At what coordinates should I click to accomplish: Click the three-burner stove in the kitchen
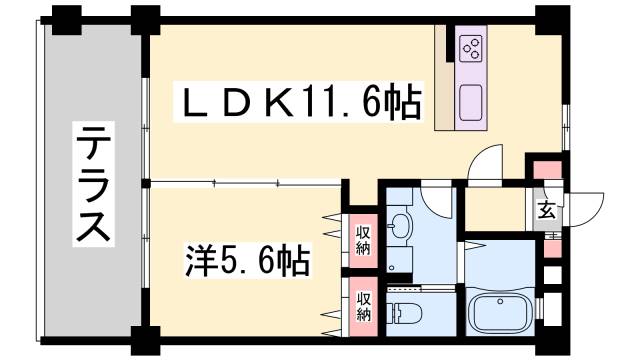(x=470, y=48)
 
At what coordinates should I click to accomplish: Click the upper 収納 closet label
(x=364, y=240)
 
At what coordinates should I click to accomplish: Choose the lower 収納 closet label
(x=364, y=305)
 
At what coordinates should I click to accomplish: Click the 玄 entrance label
(x=547, y=210)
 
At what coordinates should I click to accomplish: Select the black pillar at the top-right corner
(x=547, y=17)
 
